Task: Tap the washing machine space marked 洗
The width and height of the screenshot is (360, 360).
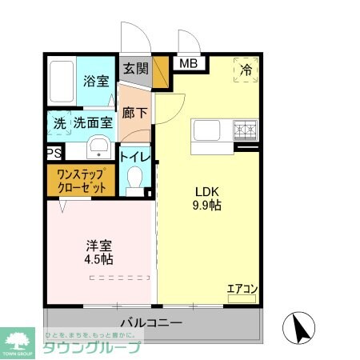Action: [x=59, y=124]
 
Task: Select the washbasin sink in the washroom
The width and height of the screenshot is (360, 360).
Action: [x=98, y=146]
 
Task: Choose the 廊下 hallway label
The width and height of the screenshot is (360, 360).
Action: [x=134, y=114]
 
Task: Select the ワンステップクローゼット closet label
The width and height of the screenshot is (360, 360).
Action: [x=81, y=181]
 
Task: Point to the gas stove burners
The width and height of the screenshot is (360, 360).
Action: [x=245, y=130]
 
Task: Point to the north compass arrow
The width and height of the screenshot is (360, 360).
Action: [x=302, y=329]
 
